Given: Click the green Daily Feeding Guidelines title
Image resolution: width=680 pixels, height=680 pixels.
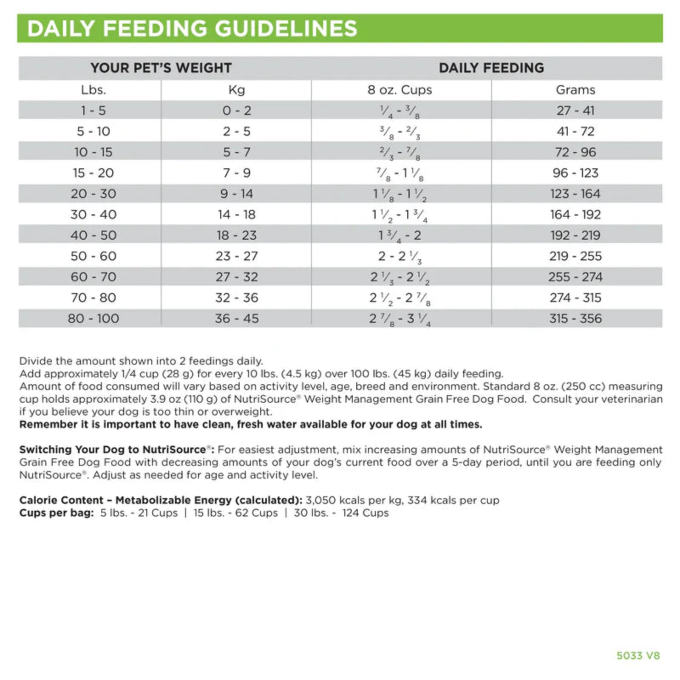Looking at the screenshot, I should [192, 28].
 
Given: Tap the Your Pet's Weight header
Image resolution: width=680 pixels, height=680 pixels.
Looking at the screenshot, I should [161, 68].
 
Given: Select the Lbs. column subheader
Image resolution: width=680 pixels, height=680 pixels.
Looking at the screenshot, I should [93, 90].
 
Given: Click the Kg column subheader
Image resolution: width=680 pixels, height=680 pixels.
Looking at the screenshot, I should [237, 90].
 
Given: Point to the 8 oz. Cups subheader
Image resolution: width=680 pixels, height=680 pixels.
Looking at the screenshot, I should [399, 90].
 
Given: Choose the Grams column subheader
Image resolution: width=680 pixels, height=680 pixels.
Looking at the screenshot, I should [575, 90].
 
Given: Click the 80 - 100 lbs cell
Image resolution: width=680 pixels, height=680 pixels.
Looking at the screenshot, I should [93, 318].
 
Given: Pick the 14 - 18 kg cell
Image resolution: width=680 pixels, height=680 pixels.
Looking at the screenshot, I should [237, 215].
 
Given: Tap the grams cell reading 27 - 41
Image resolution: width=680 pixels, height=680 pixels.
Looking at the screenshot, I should [575, 110].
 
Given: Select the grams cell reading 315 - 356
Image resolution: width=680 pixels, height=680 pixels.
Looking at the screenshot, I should [575, 318].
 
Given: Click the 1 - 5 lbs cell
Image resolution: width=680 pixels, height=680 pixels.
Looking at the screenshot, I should [93, 110].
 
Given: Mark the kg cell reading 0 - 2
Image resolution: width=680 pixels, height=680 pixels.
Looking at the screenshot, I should [237, 110].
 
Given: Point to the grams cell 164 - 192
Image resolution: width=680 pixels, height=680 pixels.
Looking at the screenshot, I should [575, 215].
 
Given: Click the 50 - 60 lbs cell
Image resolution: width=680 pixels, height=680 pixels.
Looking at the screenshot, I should [93, 256].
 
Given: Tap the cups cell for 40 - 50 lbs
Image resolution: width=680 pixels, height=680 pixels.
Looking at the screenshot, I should [399, 235].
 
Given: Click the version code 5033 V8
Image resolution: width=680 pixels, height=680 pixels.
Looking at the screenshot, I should [638, 655].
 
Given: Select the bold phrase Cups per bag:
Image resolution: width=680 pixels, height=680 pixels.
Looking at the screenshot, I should [57, 513].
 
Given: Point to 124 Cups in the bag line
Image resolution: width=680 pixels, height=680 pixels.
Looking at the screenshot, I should [365, 513].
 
